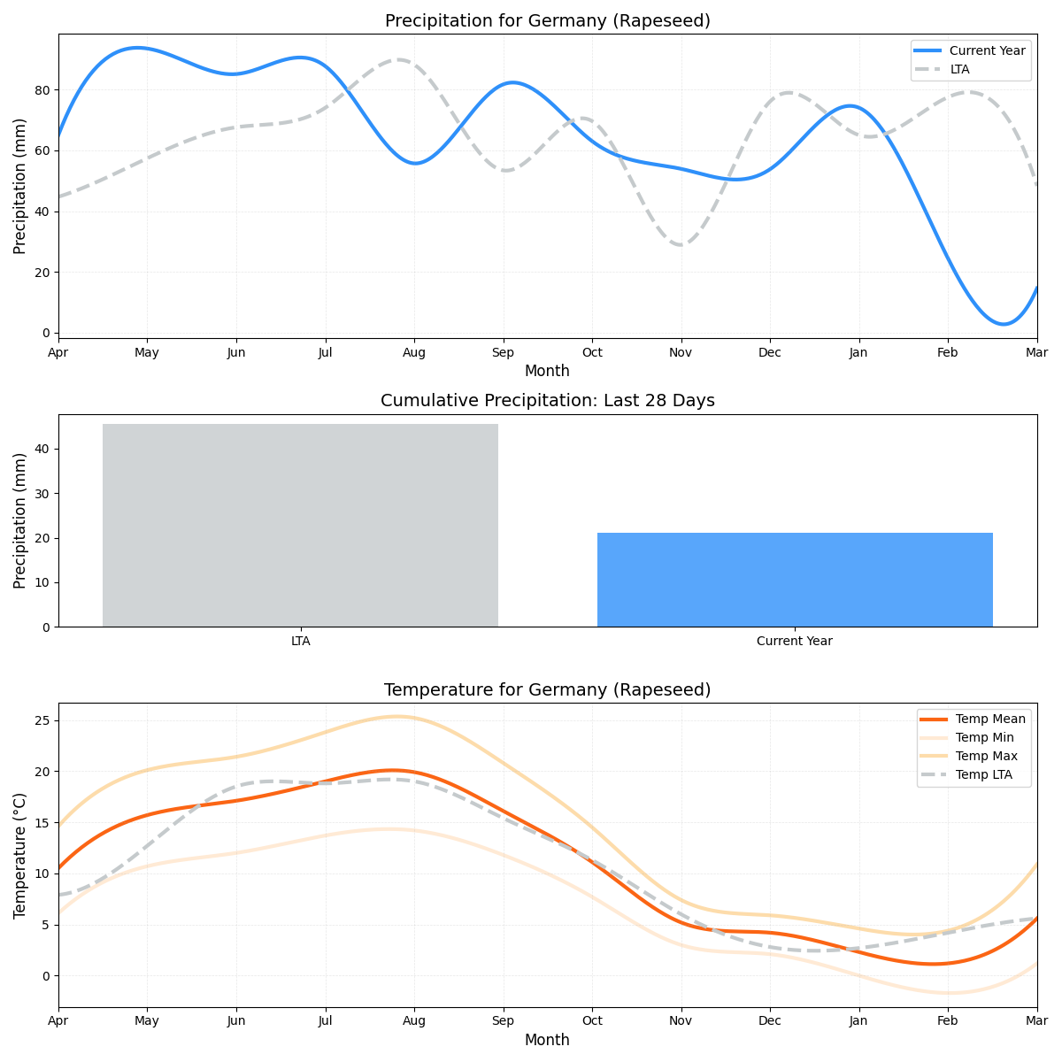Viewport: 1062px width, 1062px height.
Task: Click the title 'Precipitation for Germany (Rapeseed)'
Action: [x=547, y=20]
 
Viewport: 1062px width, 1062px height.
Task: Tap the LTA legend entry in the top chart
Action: [x=959, y=69]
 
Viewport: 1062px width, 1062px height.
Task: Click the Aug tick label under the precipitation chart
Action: [x=413, y=352]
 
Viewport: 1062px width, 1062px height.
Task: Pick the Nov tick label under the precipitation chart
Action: [x=681, y=352]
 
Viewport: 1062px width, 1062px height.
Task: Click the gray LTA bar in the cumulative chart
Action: [x=300, y=525]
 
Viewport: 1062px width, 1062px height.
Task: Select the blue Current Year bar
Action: [x=795, y=580]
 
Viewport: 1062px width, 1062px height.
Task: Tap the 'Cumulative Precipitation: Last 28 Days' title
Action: [x=547, y=401]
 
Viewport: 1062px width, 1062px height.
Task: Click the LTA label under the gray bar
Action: [x=300, y=641]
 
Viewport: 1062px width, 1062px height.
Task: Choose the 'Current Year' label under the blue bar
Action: [x=795, y=641]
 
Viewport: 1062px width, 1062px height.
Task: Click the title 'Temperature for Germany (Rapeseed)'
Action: [x=547, y=689]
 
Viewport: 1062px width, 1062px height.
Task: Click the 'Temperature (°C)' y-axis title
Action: [x=19, y=855]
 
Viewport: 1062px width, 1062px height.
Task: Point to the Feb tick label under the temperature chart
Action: [x=947, y=1021]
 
